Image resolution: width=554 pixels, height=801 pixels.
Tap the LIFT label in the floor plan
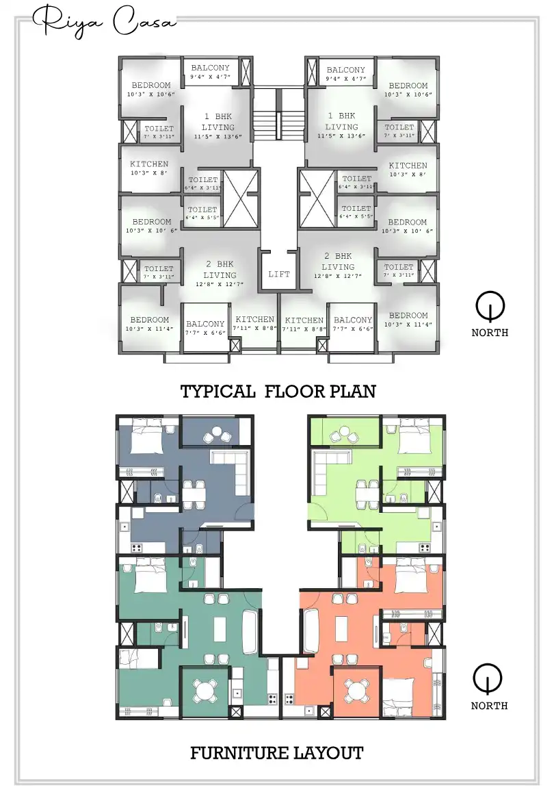[x=279, y=274]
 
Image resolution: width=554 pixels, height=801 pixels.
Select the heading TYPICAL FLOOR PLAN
[x=278, y=392]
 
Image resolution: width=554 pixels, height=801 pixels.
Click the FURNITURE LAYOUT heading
[x=276, y=754]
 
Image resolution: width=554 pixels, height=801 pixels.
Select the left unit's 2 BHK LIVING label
[x=219, y=269]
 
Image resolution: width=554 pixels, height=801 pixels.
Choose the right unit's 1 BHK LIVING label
[x=341, y=121]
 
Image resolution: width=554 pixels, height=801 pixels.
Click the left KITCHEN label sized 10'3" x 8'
[x=149, y=168]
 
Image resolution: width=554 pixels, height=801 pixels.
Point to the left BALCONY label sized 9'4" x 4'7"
[x=210, y=72]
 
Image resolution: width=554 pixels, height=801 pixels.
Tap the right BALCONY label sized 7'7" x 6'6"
[x=352, y=324]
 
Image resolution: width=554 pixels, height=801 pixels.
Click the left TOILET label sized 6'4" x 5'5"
[x=202, y=213]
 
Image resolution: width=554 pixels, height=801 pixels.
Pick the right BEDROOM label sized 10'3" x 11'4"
[x=408, y=319]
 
